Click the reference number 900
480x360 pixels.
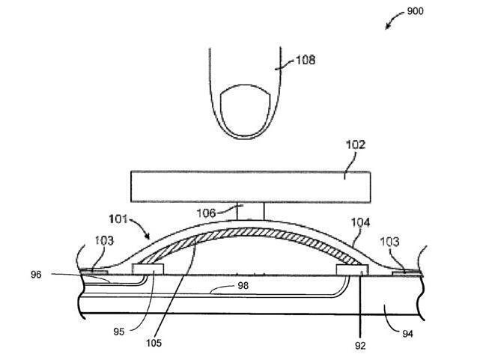[x=415, y=11]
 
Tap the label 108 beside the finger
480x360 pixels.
[x=306, y=60]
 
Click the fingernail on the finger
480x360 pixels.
[x=246, y=110]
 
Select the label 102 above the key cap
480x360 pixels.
[x=356, y=144]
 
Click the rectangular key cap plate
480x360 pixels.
[x=251, y=186]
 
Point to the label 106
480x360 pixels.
[x=206, y=213]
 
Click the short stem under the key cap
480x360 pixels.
[x=250, y=211]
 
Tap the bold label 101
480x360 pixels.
[x=118, y=219]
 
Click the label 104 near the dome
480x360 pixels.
[x=360, y=222]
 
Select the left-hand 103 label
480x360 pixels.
[x=104, y=241]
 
